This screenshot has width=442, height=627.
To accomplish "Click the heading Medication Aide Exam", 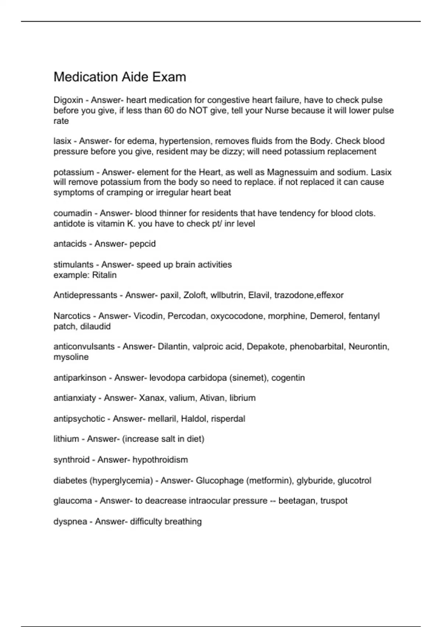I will coord(120,77).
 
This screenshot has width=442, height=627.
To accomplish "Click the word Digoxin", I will coord(68,100).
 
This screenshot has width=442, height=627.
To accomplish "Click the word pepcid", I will coord(143,244).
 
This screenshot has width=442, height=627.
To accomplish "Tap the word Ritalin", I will coord(104,275).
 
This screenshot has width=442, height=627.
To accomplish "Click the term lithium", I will coord(66,439).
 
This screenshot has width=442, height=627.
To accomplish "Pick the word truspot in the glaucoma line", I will coord(334,500).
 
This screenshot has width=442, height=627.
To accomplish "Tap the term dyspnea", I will coord(70,522).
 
